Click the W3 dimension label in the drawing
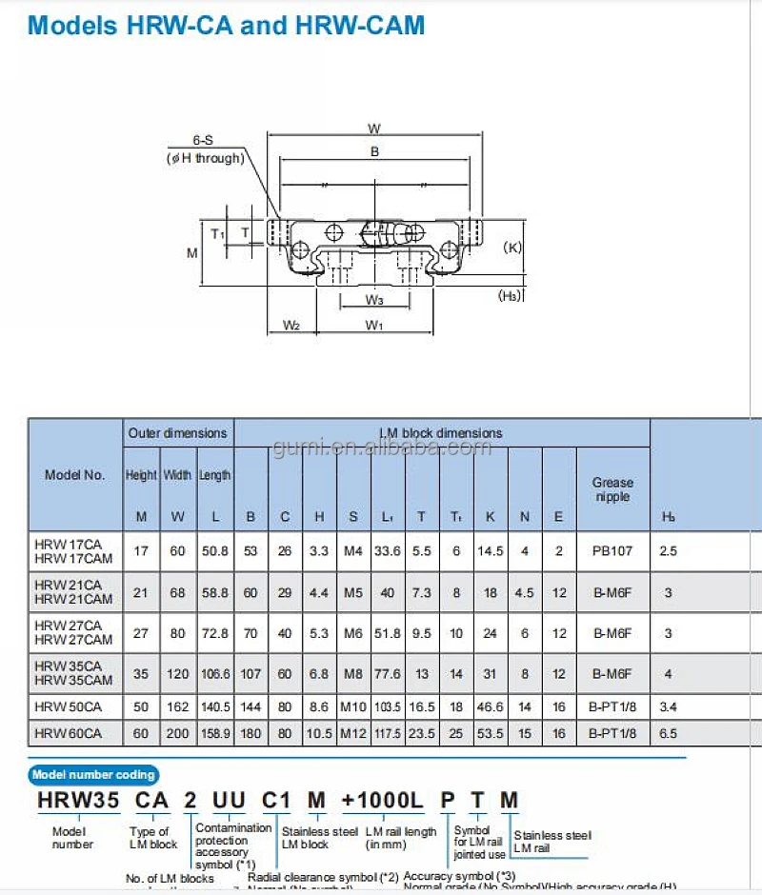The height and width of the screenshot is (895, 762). coord(374,300)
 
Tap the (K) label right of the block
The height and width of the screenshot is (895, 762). coord(511,248)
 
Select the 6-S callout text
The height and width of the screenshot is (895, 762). coord(202,140)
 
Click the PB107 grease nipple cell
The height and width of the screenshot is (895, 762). coord(612,550)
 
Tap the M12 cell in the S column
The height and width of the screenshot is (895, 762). coord(352,733)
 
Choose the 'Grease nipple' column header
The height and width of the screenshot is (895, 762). coord(612,489)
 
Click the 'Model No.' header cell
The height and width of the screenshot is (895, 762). coord(74,475)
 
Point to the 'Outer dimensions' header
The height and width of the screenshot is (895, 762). coord(178,433)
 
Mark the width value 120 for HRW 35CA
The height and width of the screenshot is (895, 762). coord(177,674)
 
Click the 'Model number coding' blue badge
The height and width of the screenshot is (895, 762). coord(93,775)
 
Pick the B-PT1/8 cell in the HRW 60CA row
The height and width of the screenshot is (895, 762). coord(612,733)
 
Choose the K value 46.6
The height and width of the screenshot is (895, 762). coord(491,706)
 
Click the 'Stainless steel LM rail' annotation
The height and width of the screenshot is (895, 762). coord(551,842)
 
